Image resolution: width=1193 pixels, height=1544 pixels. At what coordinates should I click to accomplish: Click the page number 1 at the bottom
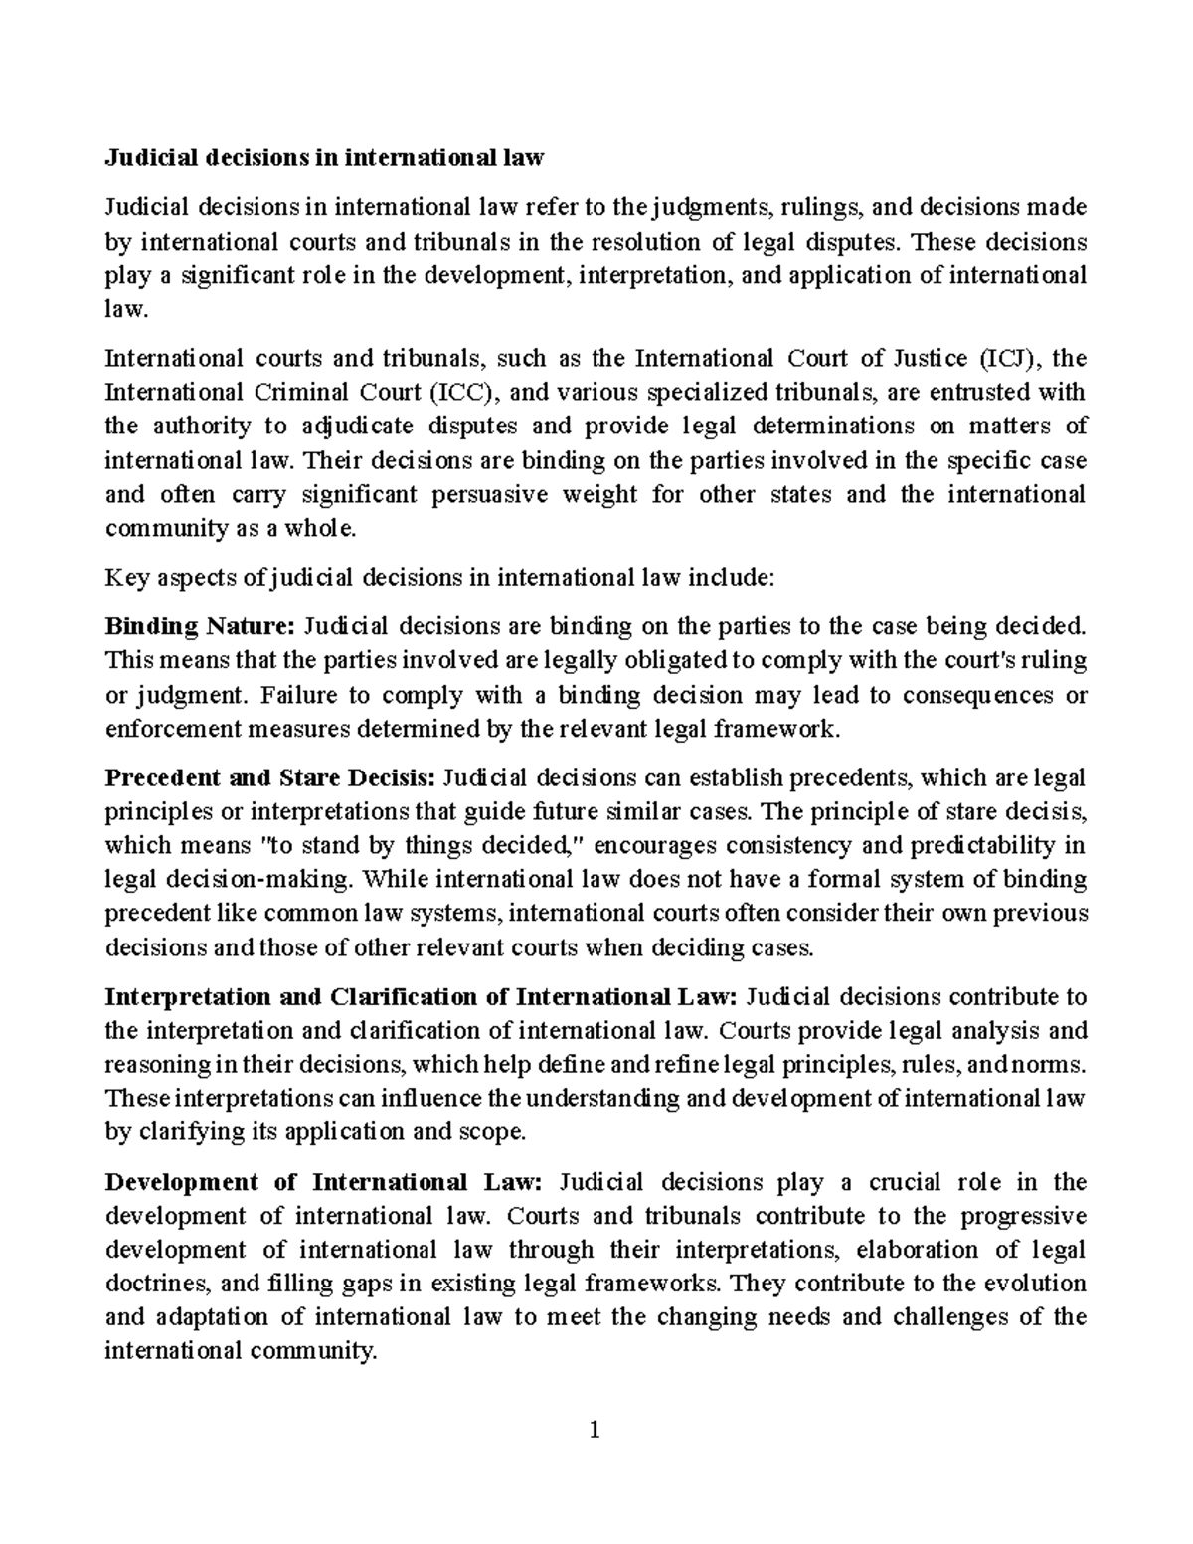pos(596,1431)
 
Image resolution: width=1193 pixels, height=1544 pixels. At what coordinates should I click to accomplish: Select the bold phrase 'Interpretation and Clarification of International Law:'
pos(421,996)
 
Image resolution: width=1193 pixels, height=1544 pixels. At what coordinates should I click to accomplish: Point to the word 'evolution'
pos(1038,1284)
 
